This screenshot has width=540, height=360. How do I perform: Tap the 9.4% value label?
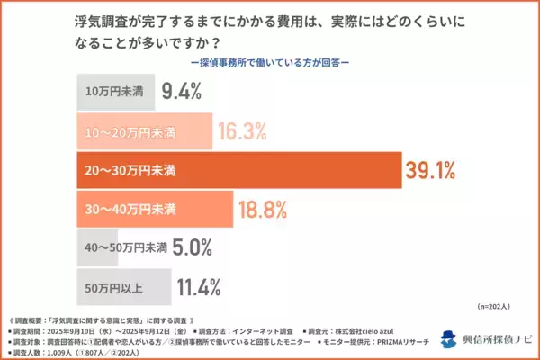[x=181, y=90]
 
